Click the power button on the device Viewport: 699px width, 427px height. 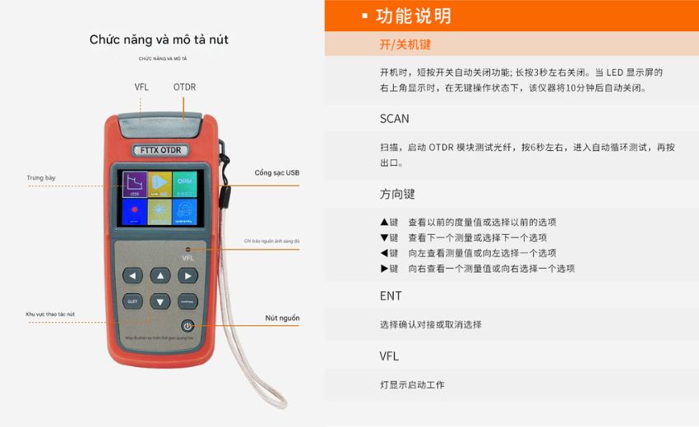(x=187, y=326)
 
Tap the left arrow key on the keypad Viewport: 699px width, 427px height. (x=132, y=276)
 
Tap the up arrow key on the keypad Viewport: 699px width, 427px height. (x=160, y=275)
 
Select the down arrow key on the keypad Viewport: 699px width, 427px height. (x=160, y=301)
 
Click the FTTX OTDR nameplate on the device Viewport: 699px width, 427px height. (x=160, y=150)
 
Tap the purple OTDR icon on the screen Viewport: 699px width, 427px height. (x=135, y=185)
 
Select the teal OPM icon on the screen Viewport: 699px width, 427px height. (x=185, y=184)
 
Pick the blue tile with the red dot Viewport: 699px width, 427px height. (x=135, y=212)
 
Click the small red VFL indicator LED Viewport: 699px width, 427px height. (x=187, y=248)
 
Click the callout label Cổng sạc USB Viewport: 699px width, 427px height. (x=277, y=173)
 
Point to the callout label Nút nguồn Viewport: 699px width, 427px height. (x=282, y=318)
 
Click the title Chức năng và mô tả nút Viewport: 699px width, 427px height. (x=159, y=39)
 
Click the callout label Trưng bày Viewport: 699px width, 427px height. (x=41, y=177)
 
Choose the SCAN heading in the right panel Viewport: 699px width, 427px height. (x=394, y=118)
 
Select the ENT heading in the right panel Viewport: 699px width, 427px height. (x=391, y=296)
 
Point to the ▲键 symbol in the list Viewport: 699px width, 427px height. (x=389, y=223)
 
